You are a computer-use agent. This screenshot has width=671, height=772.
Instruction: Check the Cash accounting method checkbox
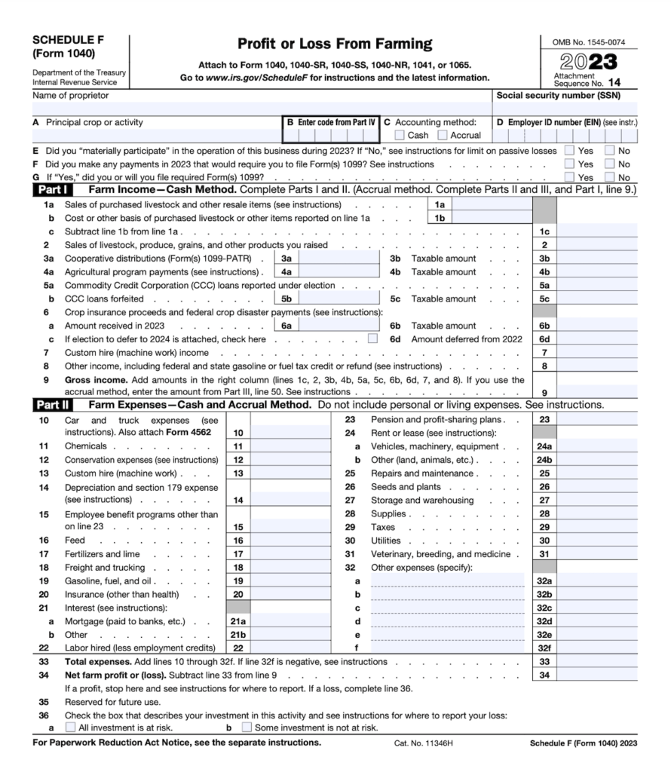(400, 136)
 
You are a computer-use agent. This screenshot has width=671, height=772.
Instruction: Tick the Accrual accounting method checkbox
(444, 136)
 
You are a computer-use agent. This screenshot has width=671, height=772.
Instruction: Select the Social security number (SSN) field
(565, 108)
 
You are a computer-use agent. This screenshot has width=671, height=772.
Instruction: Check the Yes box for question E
(570, 151)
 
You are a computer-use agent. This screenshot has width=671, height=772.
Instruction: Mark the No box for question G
(611, 177)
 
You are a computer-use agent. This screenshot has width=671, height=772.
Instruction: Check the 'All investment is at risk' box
(70, 728)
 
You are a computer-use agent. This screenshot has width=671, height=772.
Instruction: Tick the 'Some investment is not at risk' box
(247, 728)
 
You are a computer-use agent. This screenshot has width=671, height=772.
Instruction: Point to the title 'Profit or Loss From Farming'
(335, 44)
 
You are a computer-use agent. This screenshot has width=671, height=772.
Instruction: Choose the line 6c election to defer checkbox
(372, 339)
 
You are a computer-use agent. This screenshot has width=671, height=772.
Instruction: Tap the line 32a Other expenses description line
(446, 581)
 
